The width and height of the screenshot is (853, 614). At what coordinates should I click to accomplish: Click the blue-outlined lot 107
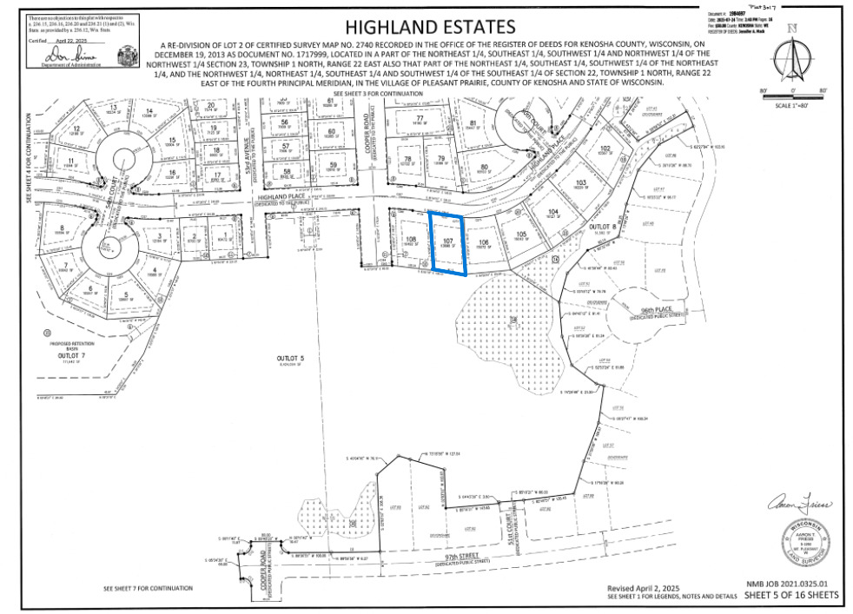[x=448, y=243]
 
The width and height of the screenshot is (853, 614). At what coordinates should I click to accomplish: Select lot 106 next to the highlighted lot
[x=484, y=242]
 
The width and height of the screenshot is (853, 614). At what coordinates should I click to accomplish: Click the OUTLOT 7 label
[x=72, y=356]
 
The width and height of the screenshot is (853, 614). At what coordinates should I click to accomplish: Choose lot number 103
[x=581, y=182]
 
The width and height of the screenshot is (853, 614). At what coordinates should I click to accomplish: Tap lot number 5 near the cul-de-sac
[x=126, y=295]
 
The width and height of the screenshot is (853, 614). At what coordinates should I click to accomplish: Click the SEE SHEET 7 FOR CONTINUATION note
[x=147, y=588]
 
